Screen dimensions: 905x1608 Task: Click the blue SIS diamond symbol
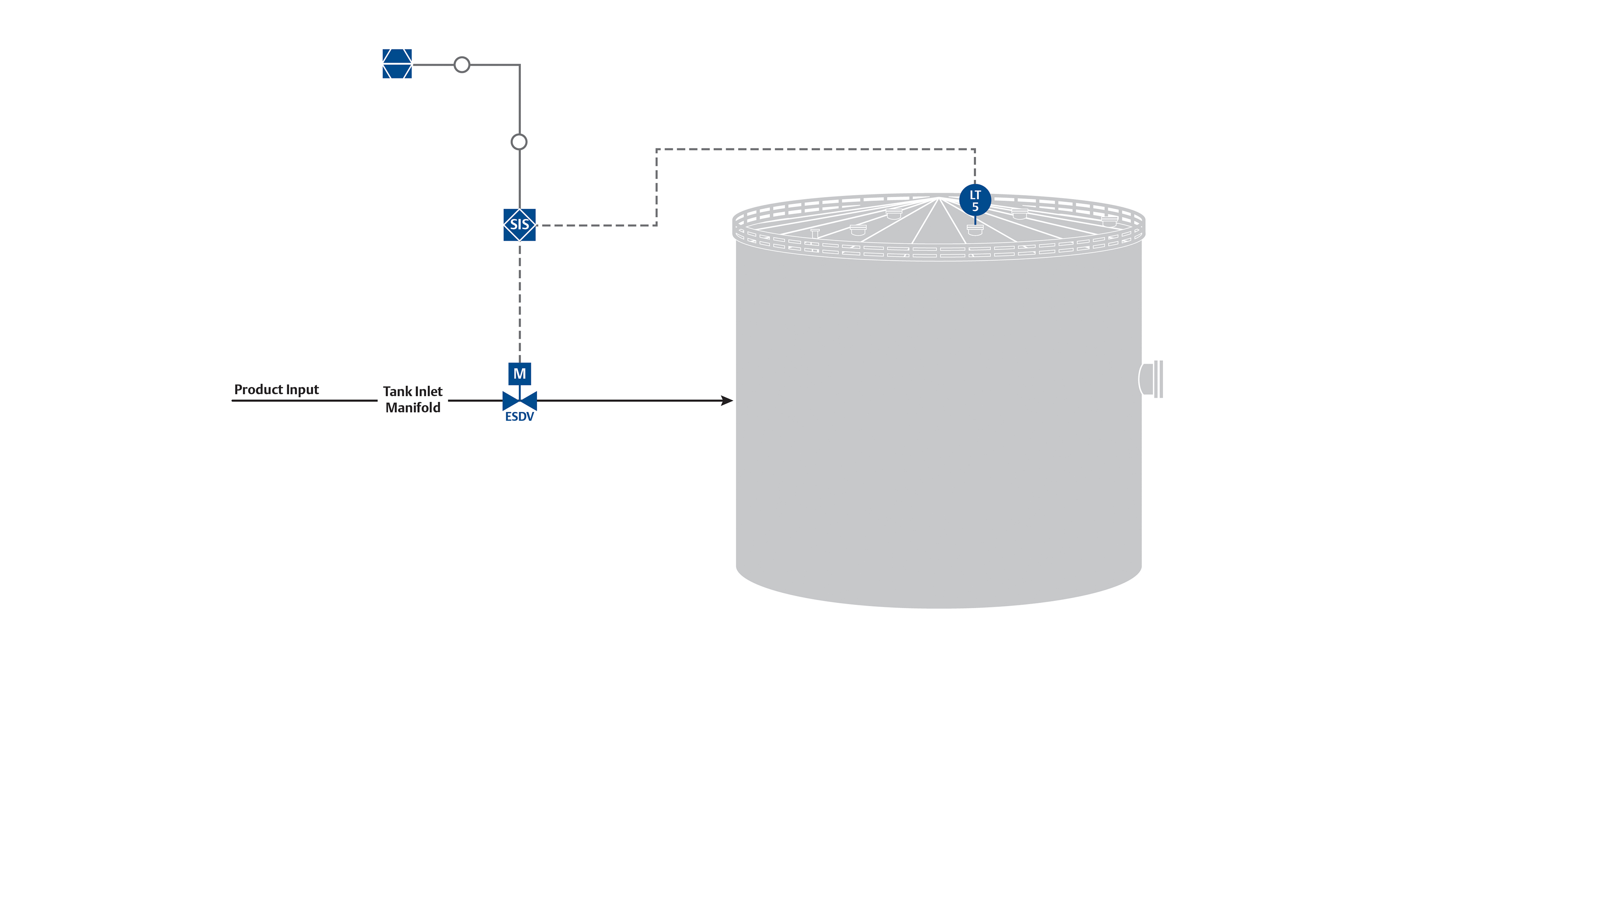[x=519, y=225]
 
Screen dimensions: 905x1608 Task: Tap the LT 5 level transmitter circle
[x=974, y=200]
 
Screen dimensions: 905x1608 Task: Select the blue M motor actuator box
[x=519, y=374]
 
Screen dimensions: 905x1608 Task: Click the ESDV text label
[x=519, y=417]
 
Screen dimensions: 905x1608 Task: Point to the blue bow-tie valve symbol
[x=519, y=400]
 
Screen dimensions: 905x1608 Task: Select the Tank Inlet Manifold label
[x=412, y=399]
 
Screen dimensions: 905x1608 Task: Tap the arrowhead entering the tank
[x=727, y=400]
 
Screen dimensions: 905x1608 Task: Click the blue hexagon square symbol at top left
[x=397, y=64]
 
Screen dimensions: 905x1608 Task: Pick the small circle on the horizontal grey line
[x=462, y=64]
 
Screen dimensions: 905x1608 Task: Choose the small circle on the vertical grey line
[x=519, y=142]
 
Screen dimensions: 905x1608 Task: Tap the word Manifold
[x=412, y=408]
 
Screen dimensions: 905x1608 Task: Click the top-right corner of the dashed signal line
[x=974, y=149]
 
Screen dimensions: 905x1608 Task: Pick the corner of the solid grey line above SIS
[x=519, y=64]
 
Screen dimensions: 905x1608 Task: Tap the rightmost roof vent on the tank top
[x=1109, y=221]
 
